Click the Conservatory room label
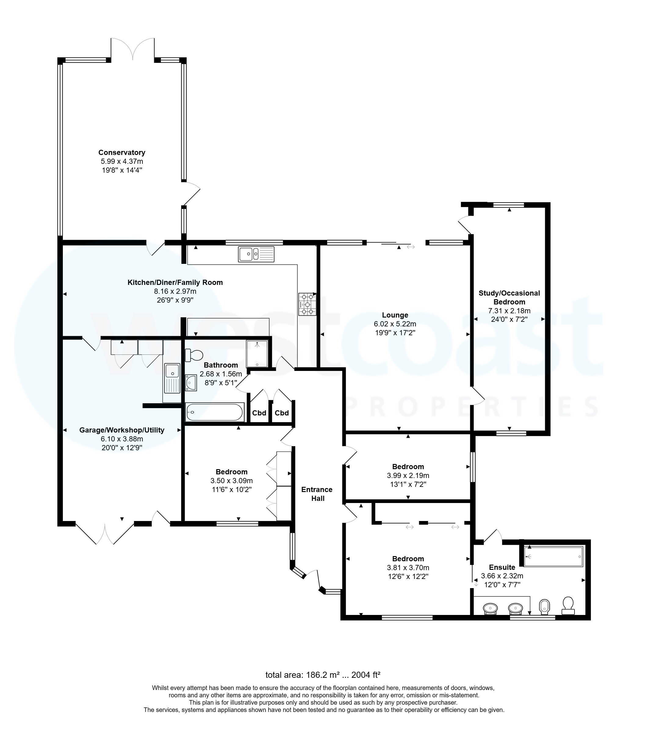tap(122, 153)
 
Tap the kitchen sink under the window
tap(256, 254)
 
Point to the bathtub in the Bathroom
tap(214, 412)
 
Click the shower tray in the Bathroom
tap(257, 354)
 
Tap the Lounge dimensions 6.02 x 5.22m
tap(395, 324)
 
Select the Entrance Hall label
tap(317, 494)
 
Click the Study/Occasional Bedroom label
tap(509, 297)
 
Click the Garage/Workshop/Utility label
tap(122, 430)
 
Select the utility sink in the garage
tap(172, 378)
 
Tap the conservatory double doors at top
tap(133, 49)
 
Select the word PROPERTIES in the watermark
tap(471, 407)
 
